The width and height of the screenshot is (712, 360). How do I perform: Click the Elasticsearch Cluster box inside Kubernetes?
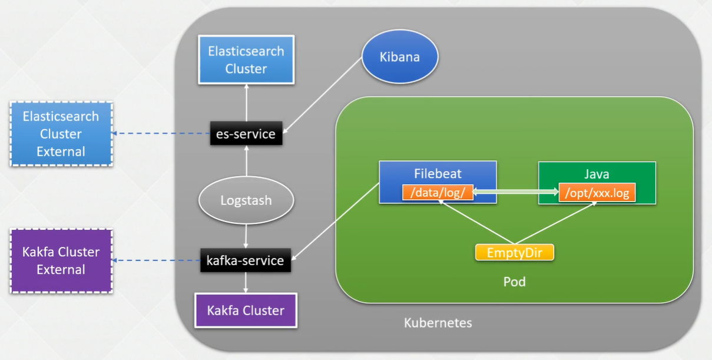point(246,60)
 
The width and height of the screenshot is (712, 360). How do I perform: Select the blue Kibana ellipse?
point(400,57)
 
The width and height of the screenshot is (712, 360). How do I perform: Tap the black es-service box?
point(246,134)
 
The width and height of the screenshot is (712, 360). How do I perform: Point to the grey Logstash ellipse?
point(246,200)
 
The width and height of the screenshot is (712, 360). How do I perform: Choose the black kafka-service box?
point(246,260)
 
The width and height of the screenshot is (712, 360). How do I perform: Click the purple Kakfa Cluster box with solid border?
point(246,311)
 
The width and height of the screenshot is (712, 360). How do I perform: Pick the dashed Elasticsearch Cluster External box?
point(61,134)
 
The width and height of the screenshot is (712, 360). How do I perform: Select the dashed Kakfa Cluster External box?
point(61,261)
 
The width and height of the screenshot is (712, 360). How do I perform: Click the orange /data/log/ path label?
point(438,193)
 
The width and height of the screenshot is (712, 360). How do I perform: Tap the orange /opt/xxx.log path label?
point(597,193)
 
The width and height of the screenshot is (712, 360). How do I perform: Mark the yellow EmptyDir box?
point(515,253)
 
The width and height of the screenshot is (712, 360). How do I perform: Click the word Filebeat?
point(438,174)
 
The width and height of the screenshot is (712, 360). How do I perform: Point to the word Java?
point(597,174)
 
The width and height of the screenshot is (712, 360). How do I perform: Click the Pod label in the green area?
point(514,282)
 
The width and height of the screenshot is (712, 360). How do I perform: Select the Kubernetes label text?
point(438,323)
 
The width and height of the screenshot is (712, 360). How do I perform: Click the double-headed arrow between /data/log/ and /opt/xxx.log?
point(516,192)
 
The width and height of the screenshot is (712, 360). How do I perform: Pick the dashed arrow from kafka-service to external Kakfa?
point(156,260)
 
